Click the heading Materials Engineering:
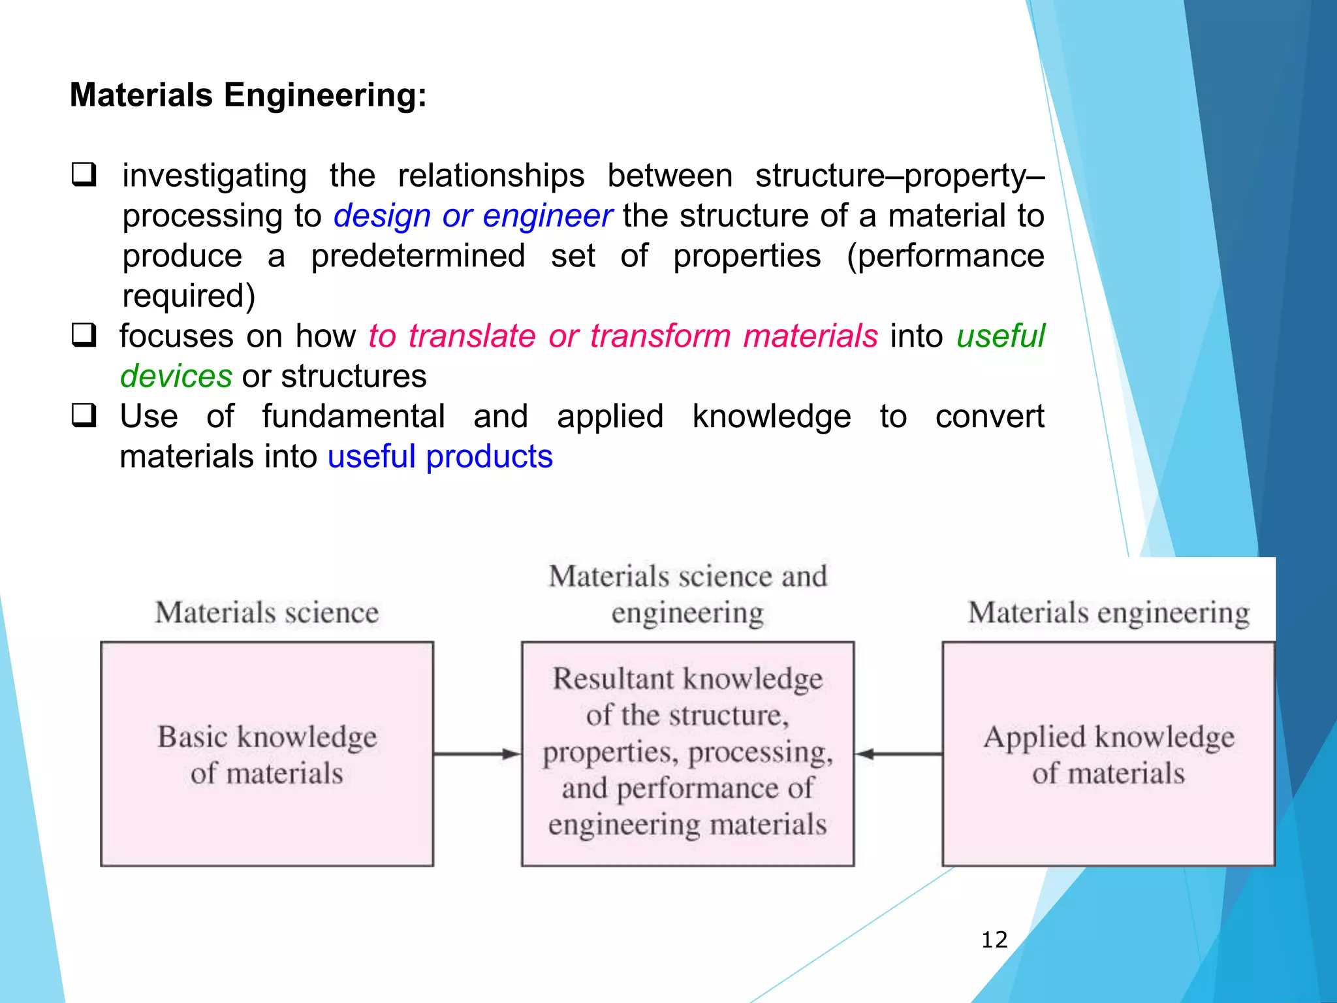[x=248, y=95]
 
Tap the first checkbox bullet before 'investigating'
[x=84, y=175]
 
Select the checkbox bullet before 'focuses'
[x=84, y=336]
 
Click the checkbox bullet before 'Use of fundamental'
[x=84, y=415]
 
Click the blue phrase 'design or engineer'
[x=473, y=216]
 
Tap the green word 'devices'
[x=176, y=377]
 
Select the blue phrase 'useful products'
[x=440, y=456]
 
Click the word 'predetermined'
[x=418, y=256]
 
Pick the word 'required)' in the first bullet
[x=189, y=296]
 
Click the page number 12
[x=994, y=940]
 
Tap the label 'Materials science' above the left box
[x=267, y=613]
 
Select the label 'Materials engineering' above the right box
[x=1109, y=613]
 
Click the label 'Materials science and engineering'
[x=687, y=594]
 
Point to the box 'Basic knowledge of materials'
[x=267, y=754]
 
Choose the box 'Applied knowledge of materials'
[x=1109, y=754]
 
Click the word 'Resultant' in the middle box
[x=612, y=679]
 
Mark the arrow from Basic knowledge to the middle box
[x=477, y=754]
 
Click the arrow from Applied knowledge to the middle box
[x=898, y=754]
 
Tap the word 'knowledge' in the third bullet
[x=772, y=417]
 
